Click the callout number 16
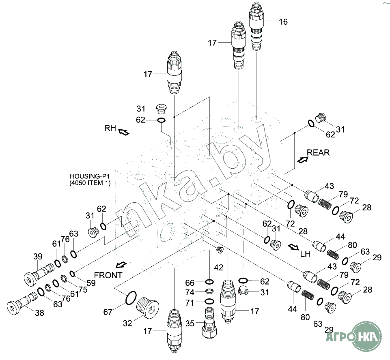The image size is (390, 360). click(283, 22)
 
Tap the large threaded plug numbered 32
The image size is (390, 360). click(148, 307)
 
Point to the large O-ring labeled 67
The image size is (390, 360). click(131, 298)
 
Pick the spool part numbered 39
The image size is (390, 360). click(39, 274)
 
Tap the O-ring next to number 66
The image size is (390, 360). click(209, 282)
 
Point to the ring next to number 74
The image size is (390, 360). click(209, 291)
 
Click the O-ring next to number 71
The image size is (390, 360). click(209, 301)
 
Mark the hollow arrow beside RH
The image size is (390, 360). click(124, 132)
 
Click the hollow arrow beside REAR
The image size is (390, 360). click(303, 160)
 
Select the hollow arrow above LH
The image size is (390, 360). click(294, 247)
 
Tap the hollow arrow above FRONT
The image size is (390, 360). click(122, 265)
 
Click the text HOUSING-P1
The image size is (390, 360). click(90, 176)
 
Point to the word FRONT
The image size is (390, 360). click(108, 275)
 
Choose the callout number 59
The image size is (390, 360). click(91, 283)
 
